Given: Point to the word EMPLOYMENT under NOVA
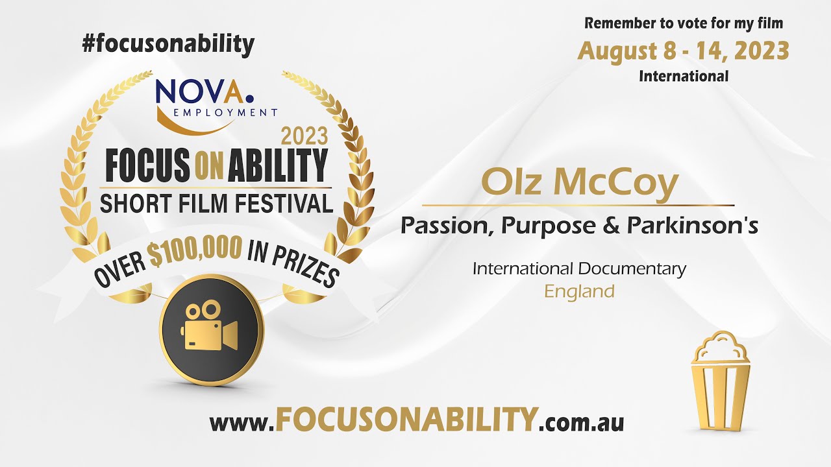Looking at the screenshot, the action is click(225, 112).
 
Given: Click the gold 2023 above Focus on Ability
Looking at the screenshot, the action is click(304, 136).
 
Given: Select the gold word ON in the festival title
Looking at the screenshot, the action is click(209, 169).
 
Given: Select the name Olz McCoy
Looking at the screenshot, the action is click(580, 183).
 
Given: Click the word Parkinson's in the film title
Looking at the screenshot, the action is click(692, 225).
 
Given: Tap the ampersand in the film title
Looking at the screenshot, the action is click(611, 225).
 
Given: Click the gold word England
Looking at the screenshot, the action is click(580, 291).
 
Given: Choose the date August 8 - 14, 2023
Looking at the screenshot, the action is click(684, 52).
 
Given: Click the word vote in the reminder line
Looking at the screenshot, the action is click(688, 23).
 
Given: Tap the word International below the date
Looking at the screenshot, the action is click(684, 77).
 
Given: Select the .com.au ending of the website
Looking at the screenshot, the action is click(581, 422).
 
